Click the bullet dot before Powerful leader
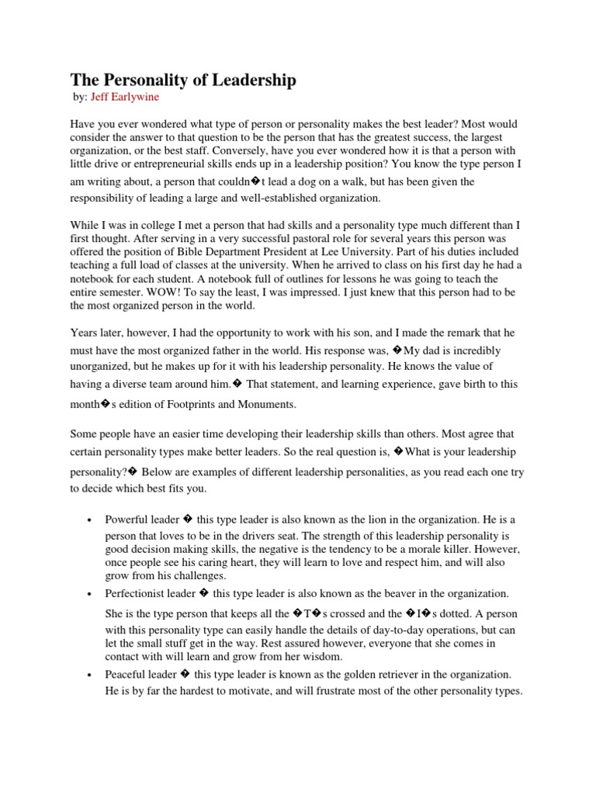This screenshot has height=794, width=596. [x=91, y=519]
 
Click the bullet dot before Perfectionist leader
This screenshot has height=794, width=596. [x=91, y=593]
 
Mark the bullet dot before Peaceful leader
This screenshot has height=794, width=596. [x=91, y=674]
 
